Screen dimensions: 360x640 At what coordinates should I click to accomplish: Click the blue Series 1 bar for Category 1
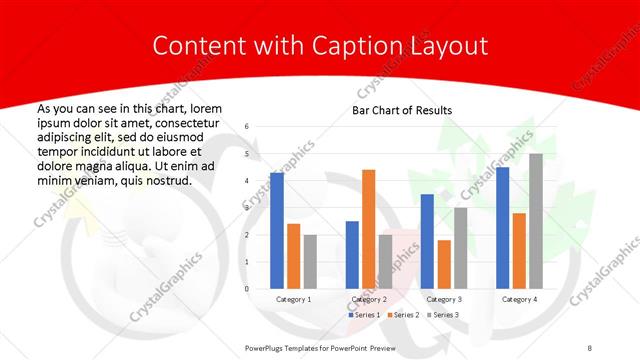(x=277, y=231)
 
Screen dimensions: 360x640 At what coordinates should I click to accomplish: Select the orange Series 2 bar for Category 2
(x=368, y=229)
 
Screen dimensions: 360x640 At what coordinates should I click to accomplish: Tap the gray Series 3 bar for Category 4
(x=536, y=221)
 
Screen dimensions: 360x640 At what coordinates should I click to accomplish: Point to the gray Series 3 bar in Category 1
(x=310, y=262)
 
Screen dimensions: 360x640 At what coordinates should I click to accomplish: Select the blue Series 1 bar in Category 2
(x=352, y=255)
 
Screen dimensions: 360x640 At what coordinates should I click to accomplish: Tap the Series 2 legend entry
(x=403, y=315)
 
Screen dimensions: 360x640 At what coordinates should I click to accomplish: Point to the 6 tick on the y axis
(x=247, y=127)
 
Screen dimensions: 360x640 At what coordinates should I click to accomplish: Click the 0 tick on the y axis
(x=247, y=289)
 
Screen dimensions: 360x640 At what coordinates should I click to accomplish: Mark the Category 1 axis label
(x=293, y=299)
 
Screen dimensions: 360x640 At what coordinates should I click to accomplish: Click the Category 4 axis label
(x=519, y=299)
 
